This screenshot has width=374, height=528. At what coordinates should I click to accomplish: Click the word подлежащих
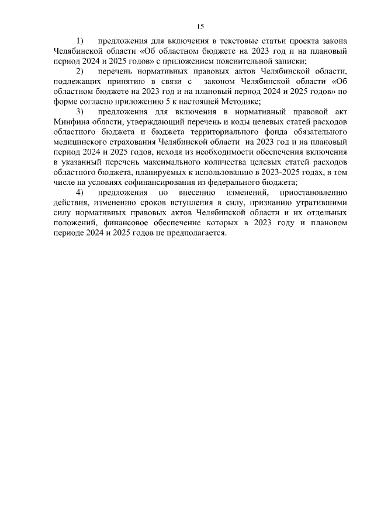point(75,81)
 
